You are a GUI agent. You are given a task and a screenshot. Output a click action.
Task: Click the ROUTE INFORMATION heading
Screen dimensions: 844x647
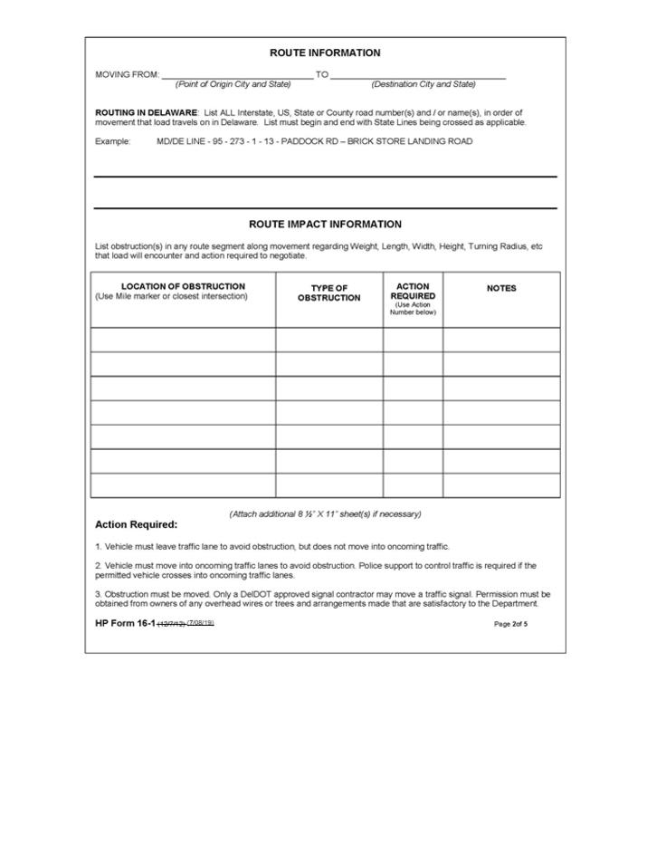click(325, 53)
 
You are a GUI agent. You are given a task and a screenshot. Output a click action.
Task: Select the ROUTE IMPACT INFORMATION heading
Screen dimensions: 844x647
click(325, 224)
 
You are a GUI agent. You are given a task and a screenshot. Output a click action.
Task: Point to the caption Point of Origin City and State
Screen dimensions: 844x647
click(233, 84)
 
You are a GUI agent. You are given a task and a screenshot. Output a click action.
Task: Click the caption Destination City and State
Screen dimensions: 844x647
click(423, 84)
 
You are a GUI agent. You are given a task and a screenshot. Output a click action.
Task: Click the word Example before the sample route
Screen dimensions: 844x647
click(113, 141)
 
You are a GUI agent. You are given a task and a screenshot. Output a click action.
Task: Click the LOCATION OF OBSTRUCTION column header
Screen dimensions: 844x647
click(183, 286)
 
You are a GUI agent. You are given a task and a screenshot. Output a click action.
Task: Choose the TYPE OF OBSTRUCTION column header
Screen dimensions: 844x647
click(328, 293)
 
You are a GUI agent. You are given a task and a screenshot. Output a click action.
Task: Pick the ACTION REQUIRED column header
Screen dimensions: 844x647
click(413, 291)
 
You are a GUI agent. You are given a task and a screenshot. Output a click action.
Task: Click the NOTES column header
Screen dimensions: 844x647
click(501, 288)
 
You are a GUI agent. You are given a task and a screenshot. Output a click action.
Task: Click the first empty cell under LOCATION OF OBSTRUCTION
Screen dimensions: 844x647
click(183, 340)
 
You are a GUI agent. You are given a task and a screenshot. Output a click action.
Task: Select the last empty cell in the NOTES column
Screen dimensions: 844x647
click(501, 485)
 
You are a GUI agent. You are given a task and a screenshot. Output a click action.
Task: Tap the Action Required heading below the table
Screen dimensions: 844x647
click(136, 524)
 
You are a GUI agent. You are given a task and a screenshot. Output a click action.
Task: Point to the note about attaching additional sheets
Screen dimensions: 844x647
click(325, 514)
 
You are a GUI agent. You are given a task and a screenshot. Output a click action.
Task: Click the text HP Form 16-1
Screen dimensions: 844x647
click(125, 623)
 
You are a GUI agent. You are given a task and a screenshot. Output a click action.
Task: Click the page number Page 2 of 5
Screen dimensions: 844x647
click(510, 624)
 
